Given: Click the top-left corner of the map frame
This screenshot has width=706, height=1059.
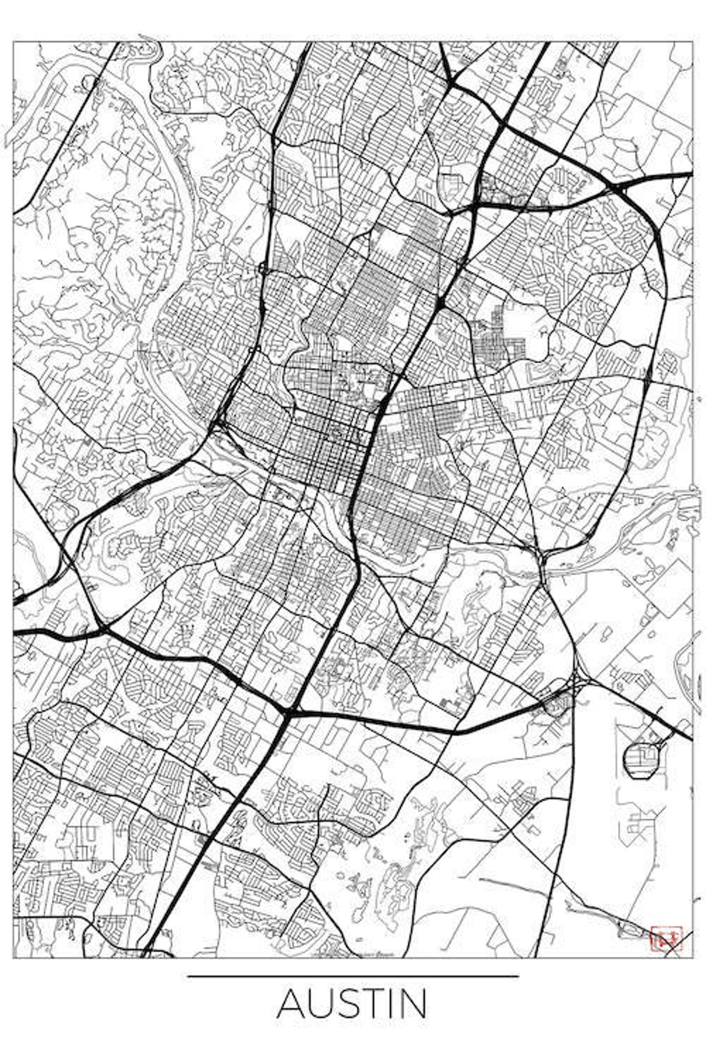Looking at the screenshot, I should (13, 42).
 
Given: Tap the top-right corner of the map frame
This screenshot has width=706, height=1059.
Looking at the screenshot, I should (692, 42).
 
